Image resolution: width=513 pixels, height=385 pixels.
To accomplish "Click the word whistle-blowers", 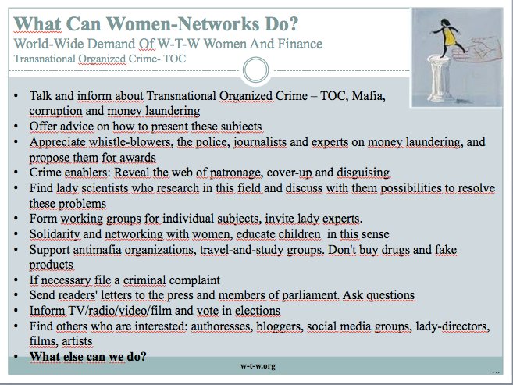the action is pyautogui.click(x=130, y=142).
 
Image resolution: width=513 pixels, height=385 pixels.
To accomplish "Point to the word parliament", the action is pyautogui.click(x=310, y=295).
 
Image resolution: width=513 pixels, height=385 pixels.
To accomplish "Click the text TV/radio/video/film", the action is pyautogui.click(x=120, y=310).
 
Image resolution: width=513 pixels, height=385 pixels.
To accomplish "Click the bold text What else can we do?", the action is pyautogui.click(x=88, y=356).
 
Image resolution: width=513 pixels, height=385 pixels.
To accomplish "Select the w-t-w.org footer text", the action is pyautogui.click(x=258, y=366).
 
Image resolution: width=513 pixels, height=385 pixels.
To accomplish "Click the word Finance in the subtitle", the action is pyautogui.click(x=300, y=44).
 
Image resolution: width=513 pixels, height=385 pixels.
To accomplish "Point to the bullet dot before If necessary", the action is pyautogui.click(x=16, y=280).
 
